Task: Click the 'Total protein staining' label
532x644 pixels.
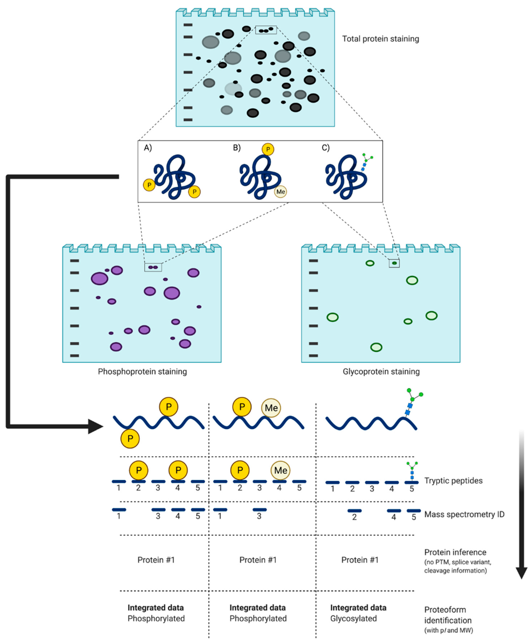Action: click(380, 39)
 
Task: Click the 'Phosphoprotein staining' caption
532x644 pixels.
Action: click(142, 372)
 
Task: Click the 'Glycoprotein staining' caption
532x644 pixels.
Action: click(381, 372)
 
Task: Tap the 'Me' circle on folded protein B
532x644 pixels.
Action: click(280, 192)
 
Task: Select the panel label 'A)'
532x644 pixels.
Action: click(148, 148)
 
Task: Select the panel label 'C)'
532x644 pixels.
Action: click(326, 148)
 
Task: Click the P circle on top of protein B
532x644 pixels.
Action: click(268, 149)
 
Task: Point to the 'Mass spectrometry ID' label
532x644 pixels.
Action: click(464, 514)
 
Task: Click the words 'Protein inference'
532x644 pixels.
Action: click(455, 552)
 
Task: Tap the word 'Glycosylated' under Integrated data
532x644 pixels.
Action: click(353, 619)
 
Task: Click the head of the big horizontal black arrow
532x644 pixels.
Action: click(96, 426)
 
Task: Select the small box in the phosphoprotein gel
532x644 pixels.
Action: click(153, 267)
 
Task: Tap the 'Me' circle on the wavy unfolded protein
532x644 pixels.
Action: click(271, 408)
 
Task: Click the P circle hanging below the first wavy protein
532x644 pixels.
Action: click(130, 439)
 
